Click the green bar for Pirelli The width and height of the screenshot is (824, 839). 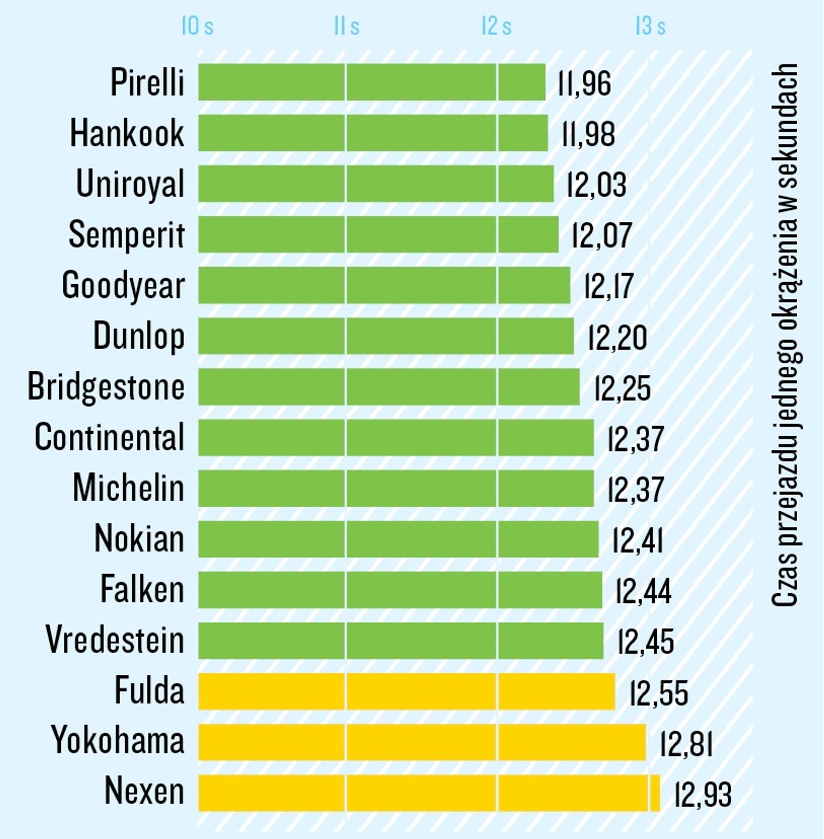372,82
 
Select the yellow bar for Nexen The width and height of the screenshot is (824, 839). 429,792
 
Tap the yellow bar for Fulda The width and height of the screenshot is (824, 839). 406,691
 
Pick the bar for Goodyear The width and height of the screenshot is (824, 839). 384,285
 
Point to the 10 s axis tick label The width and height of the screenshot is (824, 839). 197,26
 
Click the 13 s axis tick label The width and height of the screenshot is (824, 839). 650,26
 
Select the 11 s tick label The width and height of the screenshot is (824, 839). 346,26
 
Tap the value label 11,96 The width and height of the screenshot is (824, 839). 584,83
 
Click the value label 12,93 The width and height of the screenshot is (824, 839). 702,794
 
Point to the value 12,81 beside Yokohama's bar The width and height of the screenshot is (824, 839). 686,744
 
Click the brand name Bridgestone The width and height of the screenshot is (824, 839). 106,387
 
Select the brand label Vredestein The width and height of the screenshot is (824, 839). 115,640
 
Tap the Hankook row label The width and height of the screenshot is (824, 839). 127,133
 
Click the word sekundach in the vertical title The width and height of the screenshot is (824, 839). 785,126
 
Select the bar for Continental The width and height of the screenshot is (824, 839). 396,437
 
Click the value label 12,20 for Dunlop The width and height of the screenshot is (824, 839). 617,338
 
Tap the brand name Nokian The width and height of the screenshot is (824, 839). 139,539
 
